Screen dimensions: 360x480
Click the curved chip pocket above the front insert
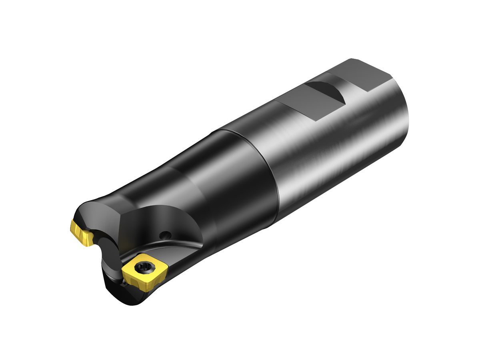click(160, 224)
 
